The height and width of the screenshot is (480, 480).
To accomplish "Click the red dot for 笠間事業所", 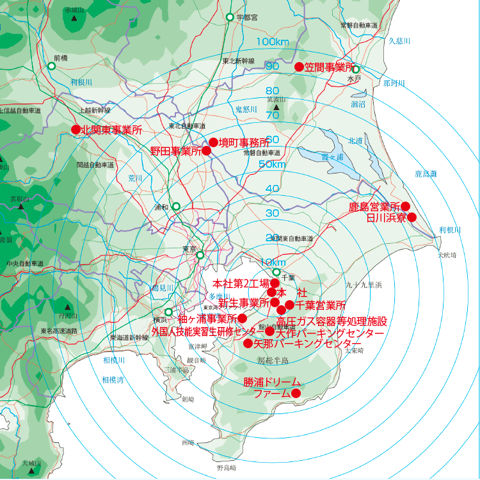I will (x=298, y=67).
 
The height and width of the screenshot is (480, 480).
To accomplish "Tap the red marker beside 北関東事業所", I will (x=76, y=129).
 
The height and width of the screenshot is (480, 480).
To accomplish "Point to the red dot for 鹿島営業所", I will (x=405, y=206).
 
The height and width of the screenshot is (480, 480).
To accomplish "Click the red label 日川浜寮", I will (x=387, y=218).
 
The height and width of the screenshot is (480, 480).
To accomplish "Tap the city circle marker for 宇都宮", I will (x=230, y=17).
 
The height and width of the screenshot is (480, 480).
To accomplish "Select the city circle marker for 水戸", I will (x=356, y=69).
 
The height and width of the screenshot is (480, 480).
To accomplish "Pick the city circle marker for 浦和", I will (x=176, y=207).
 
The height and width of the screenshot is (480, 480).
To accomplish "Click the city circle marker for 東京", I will (x=200, y=255).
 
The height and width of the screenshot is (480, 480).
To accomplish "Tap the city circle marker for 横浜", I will (x=168, y=312).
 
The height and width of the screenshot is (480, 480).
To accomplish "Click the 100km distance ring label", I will (x=273, y=42).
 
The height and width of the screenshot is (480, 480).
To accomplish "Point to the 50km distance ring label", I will (x=272, y=164).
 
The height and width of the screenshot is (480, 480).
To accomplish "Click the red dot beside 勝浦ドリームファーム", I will (x=296, y=393).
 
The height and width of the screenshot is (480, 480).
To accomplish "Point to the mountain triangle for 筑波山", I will (x=276, y=108).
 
